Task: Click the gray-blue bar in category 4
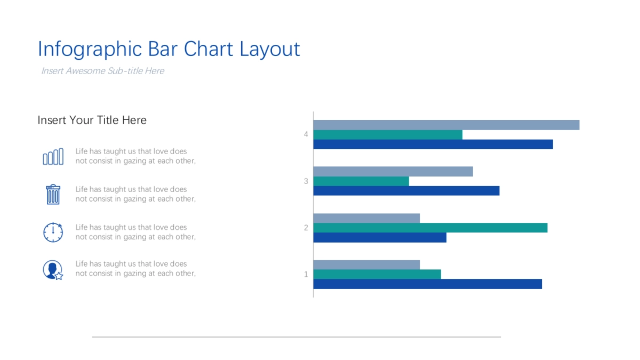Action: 446,125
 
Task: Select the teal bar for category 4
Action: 388,135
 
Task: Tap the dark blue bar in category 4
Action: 433,145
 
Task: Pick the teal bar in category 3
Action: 361,181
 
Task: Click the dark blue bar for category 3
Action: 406,191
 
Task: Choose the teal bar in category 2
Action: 430,228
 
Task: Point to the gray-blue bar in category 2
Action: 366,218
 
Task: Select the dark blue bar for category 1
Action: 427,284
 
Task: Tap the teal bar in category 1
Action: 377,275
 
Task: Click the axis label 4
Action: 306,134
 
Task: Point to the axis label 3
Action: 306,181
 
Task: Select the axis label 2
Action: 306,228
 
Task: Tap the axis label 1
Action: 306,275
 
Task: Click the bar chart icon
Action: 53,157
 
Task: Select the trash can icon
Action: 53,195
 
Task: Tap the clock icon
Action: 53,233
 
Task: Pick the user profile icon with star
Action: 53,270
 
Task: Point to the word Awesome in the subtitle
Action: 85,71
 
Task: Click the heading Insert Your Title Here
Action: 92,121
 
